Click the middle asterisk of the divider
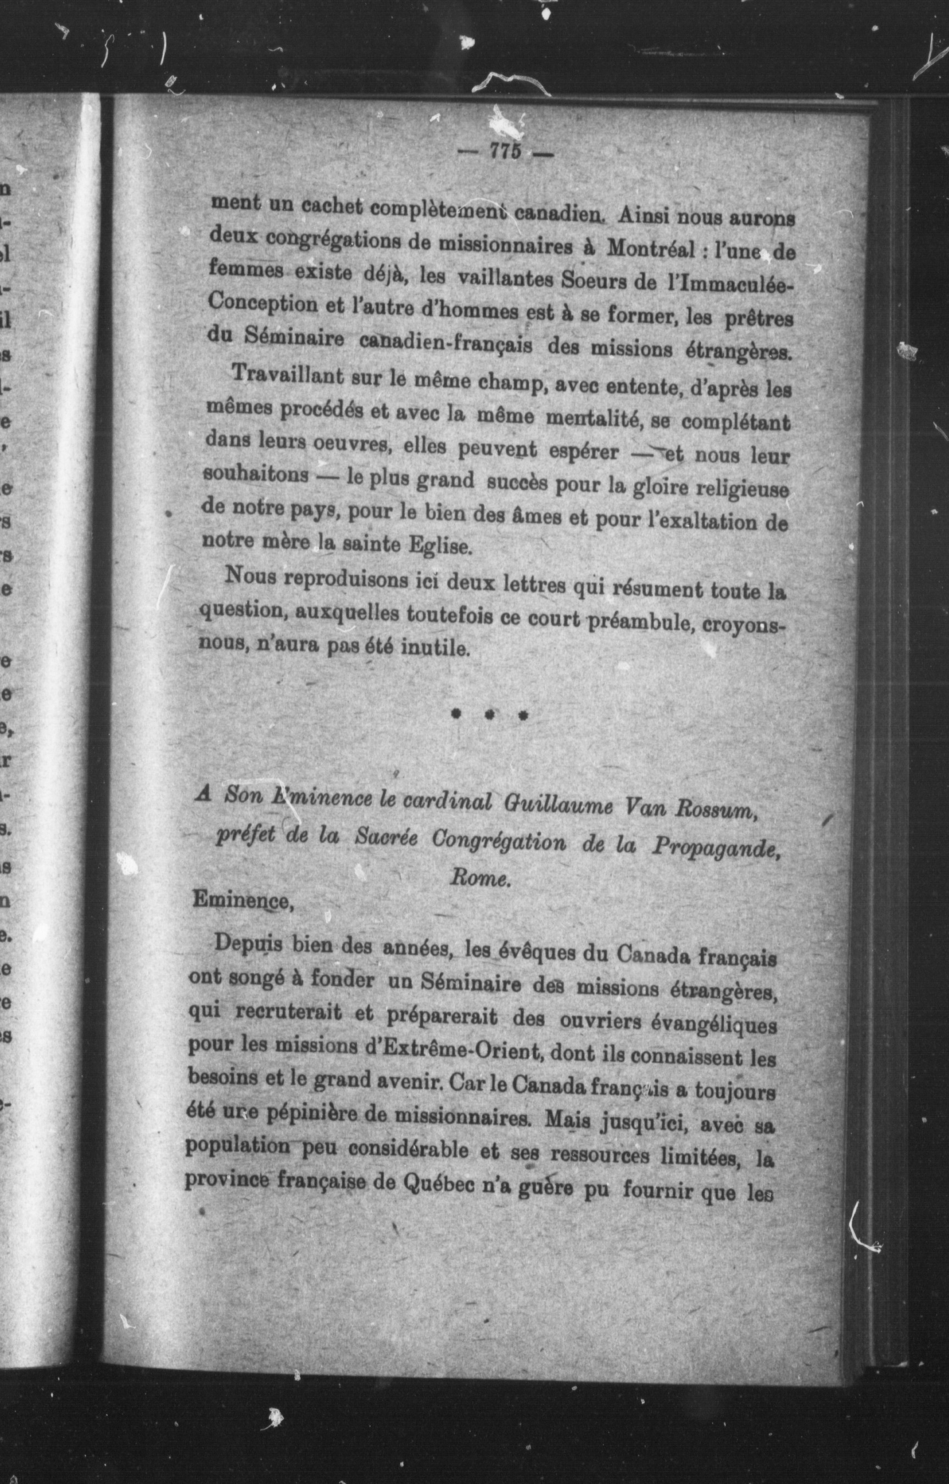coord(488,715)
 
